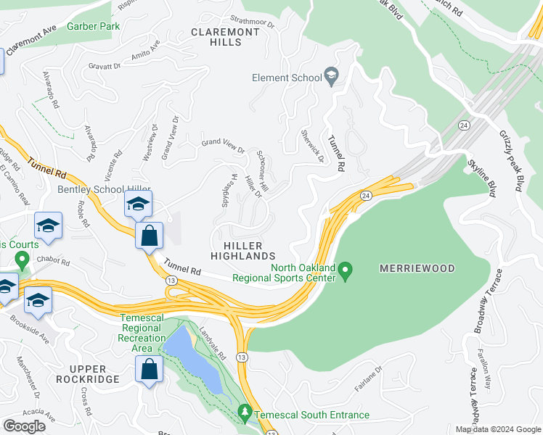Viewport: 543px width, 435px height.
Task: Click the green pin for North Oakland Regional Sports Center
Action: pyautogui.click(x=346, y=272)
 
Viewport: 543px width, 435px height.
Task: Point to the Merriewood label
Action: pyautogui.click(x=417, y=268)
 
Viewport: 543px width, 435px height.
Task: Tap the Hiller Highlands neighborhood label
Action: pyautogui.click(x=242, y=251)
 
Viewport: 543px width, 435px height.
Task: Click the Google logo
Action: pyautogui.click(x=25, y=426)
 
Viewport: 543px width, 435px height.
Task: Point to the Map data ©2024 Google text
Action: pyautogui.click(x=497, y=429)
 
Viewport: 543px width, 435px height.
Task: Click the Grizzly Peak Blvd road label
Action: pyautogui.click(x=511, y=159)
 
